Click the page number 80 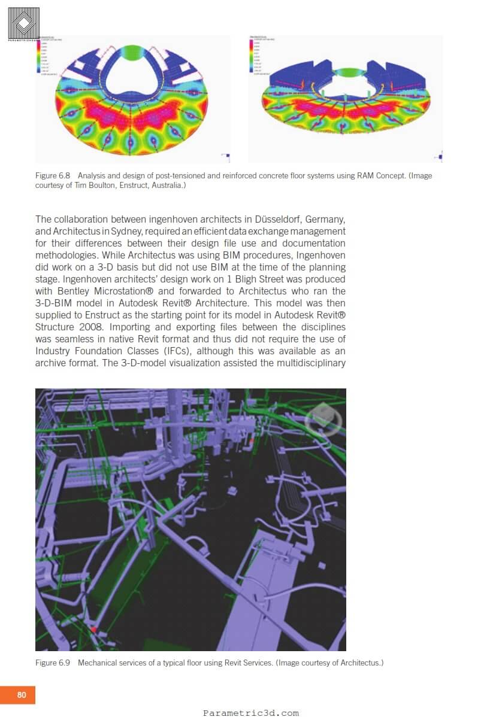tap(22, 695)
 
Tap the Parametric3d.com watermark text tap(250, 712)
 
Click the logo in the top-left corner tap(24, 24)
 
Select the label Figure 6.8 tap(53, 176)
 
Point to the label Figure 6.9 tap(53, 663)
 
